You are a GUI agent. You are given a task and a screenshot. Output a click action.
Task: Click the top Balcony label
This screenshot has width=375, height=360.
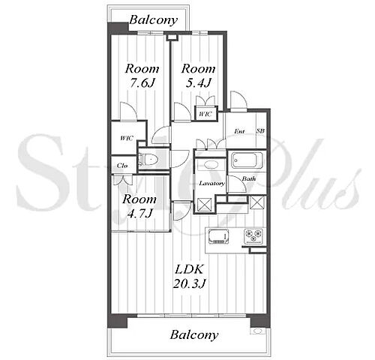coord(154,20)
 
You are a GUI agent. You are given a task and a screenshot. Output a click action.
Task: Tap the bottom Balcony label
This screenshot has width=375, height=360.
coord(194,335)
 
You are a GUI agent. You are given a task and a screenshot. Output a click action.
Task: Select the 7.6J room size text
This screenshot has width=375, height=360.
coord(141,82)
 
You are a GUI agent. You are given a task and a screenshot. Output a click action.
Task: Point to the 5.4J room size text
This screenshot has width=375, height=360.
coord(198,82)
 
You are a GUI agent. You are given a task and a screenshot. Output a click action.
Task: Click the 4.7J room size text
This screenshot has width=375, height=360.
coord(139,213)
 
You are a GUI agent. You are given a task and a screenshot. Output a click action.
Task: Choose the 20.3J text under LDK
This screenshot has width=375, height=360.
coord(190,283)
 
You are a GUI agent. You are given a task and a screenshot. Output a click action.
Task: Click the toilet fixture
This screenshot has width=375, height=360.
coord(148,160)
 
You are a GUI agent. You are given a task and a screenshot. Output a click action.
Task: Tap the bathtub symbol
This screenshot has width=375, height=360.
coord(244,160)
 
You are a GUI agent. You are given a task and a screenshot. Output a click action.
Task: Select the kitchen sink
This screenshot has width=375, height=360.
coord(219,236)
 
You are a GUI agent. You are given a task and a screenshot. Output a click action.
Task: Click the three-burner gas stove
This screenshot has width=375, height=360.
coord(254,235)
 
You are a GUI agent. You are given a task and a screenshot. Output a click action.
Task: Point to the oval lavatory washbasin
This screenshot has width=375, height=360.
coord(211,165)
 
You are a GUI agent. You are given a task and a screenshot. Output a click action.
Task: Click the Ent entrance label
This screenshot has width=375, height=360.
coord(239,131)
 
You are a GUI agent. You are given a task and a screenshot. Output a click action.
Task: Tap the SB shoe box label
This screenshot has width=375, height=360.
coord(260,130)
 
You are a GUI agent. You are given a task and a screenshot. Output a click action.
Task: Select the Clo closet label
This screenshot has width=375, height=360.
coord(122,166)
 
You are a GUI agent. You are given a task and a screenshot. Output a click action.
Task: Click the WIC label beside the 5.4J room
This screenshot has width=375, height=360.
coord(205,114)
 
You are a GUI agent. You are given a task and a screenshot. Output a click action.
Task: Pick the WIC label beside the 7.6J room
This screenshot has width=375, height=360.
coord(127,138)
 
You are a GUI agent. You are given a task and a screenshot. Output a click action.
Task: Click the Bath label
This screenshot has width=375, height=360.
coord(249,178)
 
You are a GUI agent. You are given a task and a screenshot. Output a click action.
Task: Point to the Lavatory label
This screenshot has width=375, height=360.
coord(212,184)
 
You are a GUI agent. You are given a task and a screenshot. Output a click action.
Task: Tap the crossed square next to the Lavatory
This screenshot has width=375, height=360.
coord(205,205)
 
